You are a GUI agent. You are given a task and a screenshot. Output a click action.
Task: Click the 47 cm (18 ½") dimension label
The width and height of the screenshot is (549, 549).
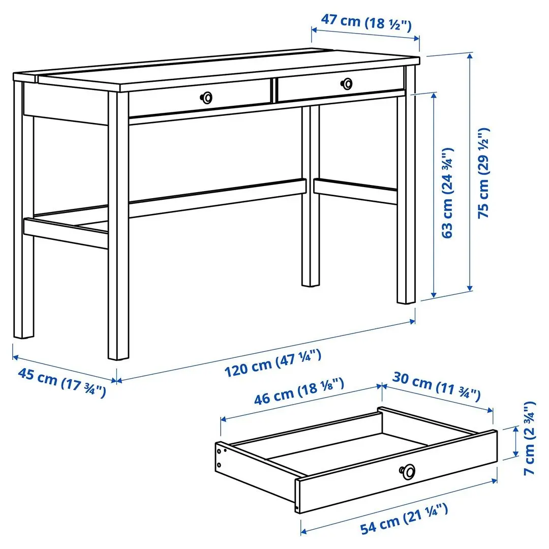tap(366, 22)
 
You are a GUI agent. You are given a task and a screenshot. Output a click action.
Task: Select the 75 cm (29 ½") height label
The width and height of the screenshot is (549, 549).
tap(485, 173)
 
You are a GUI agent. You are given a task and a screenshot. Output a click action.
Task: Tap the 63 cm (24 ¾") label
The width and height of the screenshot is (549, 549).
tap(447, 193)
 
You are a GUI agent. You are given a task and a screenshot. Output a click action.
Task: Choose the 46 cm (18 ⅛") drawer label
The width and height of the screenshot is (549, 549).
tap(299, 391)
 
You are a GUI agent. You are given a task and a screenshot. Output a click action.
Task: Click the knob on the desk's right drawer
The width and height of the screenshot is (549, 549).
tap(347, 83)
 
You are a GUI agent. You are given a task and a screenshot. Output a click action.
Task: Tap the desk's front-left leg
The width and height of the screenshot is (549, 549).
tap(118, 229)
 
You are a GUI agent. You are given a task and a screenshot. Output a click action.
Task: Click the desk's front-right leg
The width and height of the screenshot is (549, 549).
tap(406, 203)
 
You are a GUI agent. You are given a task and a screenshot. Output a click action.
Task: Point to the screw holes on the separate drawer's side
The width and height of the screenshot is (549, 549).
tap(220, 456)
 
